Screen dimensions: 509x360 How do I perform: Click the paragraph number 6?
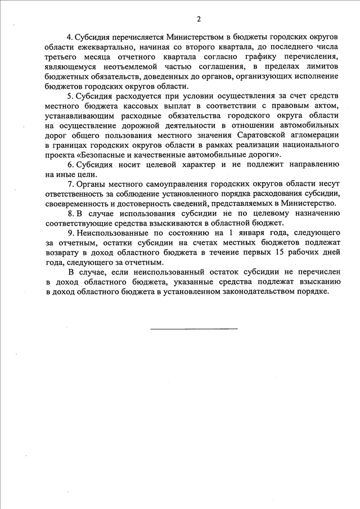click(70, 164)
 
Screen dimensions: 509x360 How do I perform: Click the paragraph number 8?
click(70, 213)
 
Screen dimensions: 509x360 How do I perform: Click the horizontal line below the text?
click(193, 328)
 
